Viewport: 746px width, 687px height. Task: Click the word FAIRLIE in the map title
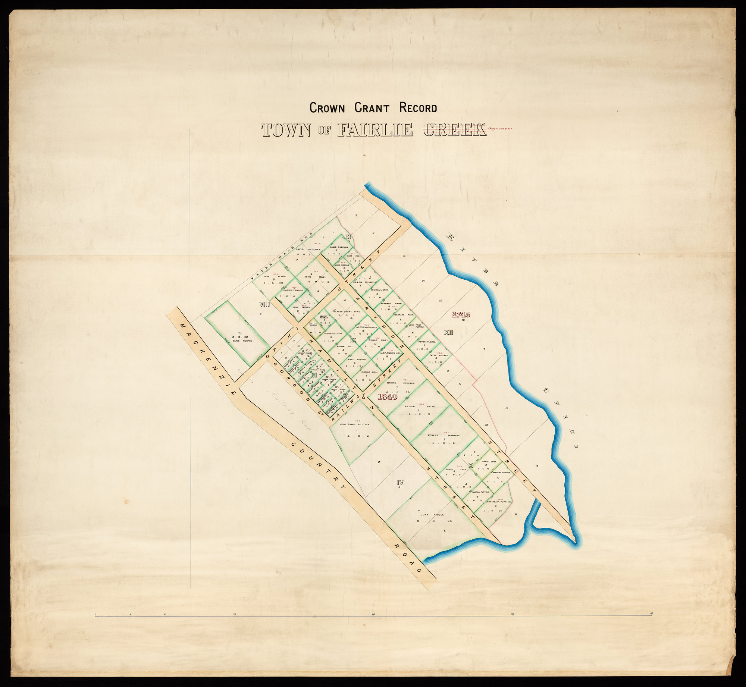(374, 130)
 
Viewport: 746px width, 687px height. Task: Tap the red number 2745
(461, 314)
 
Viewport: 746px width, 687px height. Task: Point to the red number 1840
(387, 397)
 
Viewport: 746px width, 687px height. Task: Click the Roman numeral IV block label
(400, 482)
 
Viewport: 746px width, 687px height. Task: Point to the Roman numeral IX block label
(353, 340)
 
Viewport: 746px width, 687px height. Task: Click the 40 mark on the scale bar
(373, 614)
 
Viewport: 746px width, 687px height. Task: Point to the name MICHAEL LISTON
(379, 290)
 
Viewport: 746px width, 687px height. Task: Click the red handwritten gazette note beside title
(501, 129)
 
